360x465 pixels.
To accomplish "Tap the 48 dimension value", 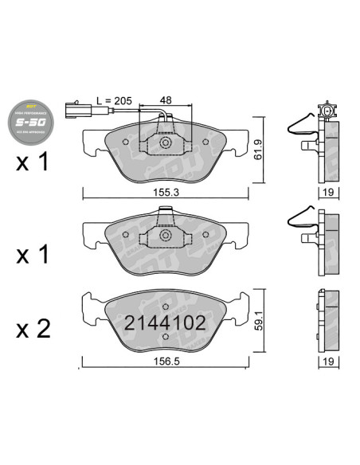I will coord(166,101).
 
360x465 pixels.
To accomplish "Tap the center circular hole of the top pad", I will coord(166,143).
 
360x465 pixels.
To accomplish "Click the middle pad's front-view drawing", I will coord(165,239).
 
